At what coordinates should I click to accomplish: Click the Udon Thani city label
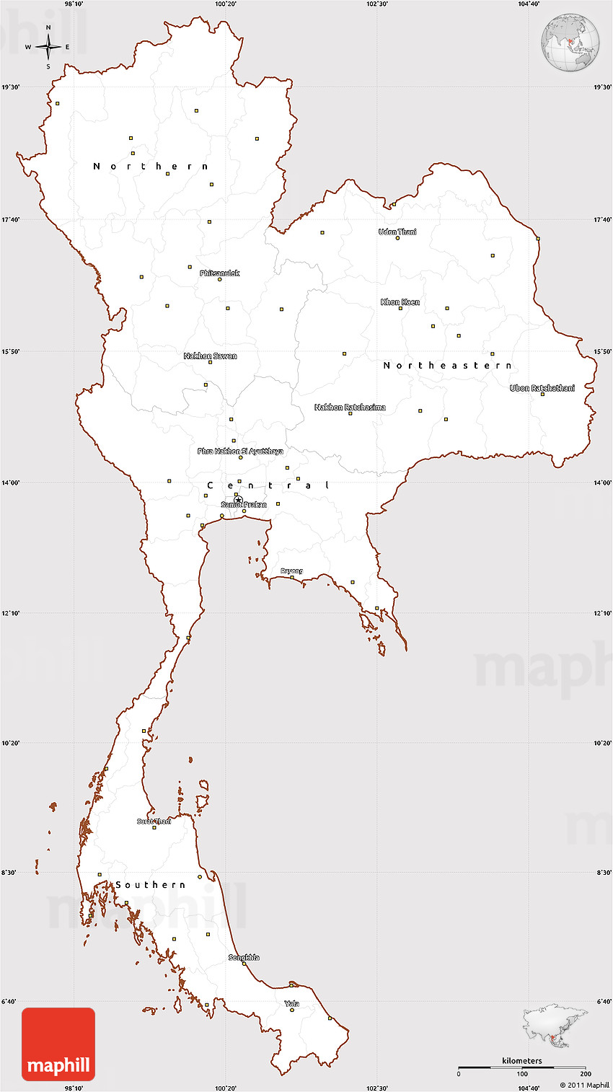(x=397, y=232)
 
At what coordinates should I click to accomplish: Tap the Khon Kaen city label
(x=400, y=302)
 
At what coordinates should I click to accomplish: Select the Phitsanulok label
(x=219, y=273)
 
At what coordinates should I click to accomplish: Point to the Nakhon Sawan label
(x=210, y=356)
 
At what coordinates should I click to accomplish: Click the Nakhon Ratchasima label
(x=350, y=408)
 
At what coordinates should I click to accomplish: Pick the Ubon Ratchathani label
(x=542, y=388)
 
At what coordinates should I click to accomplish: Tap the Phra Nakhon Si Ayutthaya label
(x=240, y=452)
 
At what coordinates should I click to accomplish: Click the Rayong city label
(x=291, y=571)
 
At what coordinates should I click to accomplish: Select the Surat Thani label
(x=154, y=821)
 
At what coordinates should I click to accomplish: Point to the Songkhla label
(x=244, y=957)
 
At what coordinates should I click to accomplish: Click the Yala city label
(x=291, y=1003)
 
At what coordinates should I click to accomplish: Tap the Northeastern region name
(x=447, y=366)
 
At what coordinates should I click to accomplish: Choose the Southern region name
(x=151, y=885)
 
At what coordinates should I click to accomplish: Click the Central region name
(x=268, y=485)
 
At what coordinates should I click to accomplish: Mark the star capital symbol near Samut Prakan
(x=238, y=500)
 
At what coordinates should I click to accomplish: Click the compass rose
(x=48, y=48)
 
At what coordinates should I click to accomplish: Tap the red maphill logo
(x=58, y=1044)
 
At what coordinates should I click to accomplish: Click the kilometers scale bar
(x=521, y=1067)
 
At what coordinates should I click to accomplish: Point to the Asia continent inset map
(x=555, y=1024)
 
